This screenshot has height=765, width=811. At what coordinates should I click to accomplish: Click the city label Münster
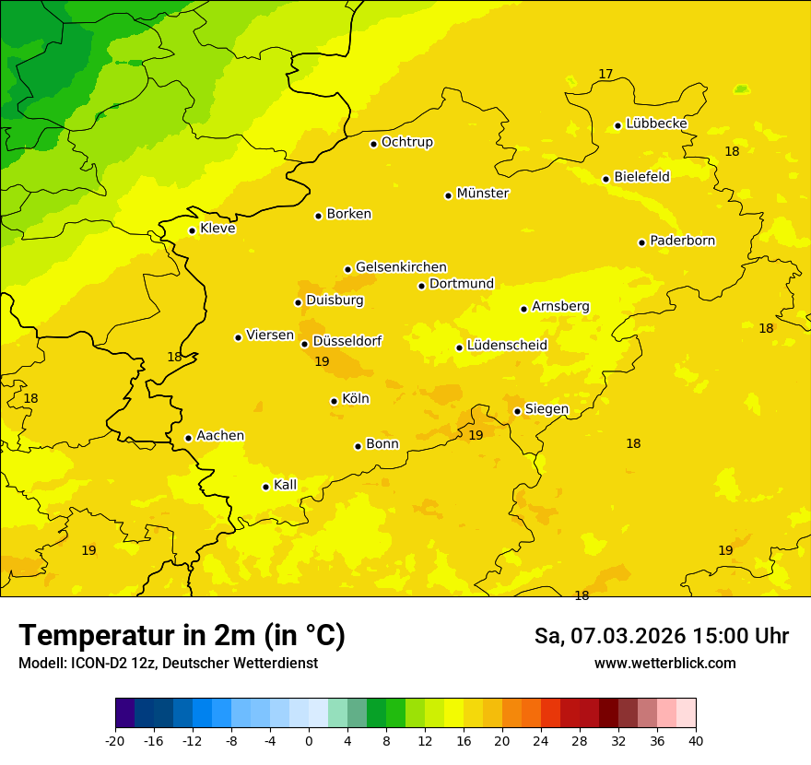[x=482, y=194]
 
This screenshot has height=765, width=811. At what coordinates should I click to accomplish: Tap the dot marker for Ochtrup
[x=373, y=144]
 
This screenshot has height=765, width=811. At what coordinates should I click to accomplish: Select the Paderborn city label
[x=682, y=241]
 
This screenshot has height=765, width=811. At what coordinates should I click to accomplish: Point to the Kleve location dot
[x=192, y=230]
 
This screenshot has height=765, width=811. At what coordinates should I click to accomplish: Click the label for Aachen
[x=220, y=436]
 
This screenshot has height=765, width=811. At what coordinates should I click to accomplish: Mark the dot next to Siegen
[x=517, y=411]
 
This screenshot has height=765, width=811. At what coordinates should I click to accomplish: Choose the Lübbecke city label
[x=656, y=124]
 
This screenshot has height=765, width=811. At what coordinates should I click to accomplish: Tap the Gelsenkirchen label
[x=401, y=267]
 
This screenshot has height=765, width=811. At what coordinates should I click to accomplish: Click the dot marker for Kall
[x=265, y=487]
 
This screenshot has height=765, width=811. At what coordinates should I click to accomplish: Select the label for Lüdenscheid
[x=507, y=346]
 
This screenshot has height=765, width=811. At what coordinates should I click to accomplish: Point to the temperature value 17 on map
[x=605, y=74]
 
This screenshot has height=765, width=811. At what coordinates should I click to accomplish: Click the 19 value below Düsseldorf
[x=322, y=362]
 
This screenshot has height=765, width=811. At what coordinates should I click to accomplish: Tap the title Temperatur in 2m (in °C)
[x=182, y=636]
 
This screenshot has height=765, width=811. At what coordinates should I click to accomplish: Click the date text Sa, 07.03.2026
[x=607, y=636]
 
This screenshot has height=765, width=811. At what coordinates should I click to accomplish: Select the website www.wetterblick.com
[x=664, y=664]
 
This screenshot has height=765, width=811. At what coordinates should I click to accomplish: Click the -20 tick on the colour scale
[x=115, y=741]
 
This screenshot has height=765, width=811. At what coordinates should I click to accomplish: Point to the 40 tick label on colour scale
[x=696, y=741]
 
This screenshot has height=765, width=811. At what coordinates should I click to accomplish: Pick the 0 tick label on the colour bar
[x=309, y=741]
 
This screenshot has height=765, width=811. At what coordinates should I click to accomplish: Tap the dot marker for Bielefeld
[x=605, y=179]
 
